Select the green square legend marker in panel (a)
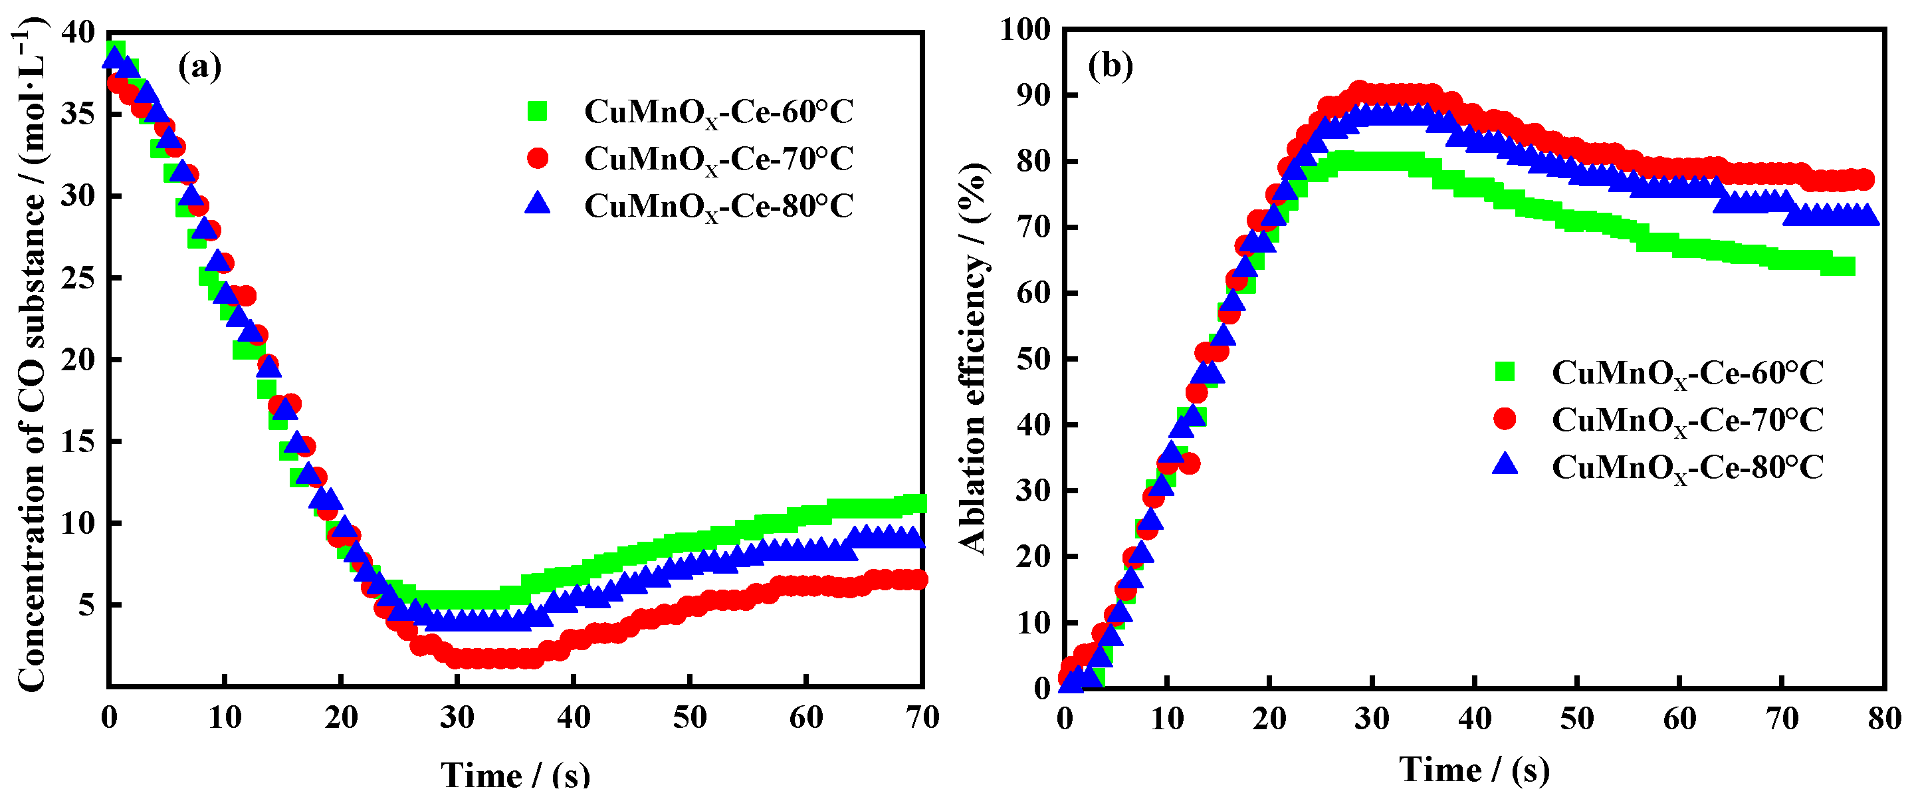537,112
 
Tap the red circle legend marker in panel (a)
537,158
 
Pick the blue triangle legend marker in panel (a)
537,203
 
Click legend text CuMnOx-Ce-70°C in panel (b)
1687,421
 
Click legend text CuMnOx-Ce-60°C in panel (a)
718,112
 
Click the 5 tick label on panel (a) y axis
87,604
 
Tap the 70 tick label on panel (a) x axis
922,717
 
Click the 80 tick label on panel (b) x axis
1884,719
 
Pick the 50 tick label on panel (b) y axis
1033,359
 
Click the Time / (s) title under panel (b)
1474,770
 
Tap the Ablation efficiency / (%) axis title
974,357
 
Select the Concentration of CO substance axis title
31,357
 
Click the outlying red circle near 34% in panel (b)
1189,464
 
